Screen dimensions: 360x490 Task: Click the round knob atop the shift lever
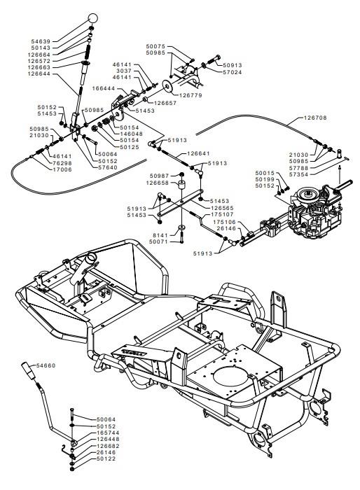click(92, 18)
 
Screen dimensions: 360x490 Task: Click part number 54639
click(41, 41)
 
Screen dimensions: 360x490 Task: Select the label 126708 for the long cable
click(315, 118)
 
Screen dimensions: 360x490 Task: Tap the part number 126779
click(191, 95)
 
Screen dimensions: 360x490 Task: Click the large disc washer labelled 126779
click(168, 86)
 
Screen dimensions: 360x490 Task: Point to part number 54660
click(46, 365)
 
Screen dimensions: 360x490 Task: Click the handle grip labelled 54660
click(28, 370)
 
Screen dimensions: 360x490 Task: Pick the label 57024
click(233, 72)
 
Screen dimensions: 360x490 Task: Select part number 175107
click(223, 215)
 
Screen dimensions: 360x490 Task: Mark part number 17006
click(62, 169)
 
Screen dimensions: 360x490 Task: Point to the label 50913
click(233, 65)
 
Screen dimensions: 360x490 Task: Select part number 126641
click(199, 153)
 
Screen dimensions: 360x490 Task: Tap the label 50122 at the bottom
click(106, 458)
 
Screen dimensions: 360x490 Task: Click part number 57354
click(298, 175)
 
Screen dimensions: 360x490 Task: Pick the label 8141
click(160, 235)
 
